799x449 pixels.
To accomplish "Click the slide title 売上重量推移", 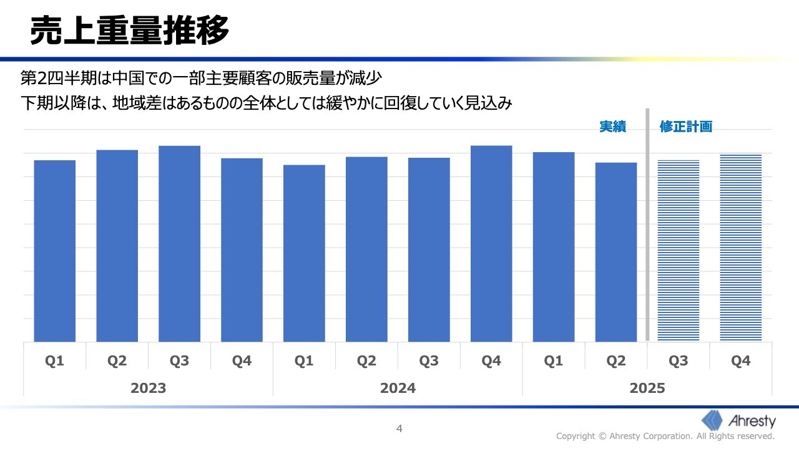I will click(130, 30).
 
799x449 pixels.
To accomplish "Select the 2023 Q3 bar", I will click(179, 243).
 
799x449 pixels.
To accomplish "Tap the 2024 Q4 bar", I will click(491, 243).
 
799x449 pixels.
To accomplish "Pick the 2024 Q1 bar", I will click(304, 253).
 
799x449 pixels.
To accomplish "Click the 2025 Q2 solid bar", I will click(616, 252).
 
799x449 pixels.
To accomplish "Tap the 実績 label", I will click(612, 127).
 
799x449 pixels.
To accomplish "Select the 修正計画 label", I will click(686, 127).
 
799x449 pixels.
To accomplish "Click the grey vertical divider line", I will click(647, 224).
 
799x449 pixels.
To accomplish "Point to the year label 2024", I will click(398, 388).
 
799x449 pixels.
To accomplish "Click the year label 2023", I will click(149, 388).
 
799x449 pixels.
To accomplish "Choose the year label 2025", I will click(647, 388).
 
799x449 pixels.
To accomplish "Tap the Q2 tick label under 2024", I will click(366, 361).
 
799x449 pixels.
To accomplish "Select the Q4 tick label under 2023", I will click(242, 361).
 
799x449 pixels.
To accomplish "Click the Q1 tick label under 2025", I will click(554, 361).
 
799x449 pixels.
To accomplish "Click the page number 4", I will click(399, 428).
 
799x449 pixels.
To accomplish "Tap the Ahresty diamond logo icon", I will click(713, 420).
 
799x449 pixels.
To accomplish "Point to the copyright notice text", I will click(665, 436).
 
